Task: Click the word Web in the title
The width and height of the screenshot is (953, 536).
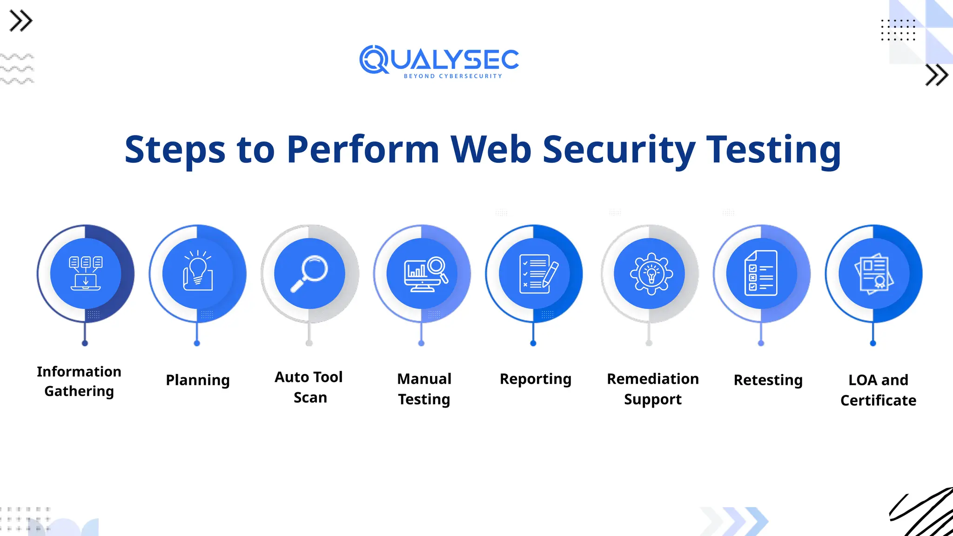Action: [x=491, y=149]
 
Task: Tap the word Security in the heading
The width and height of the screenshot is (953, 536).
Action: [x=619, y=149]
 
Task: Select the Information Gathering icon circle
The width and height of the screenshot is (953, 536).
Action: [x=86, y=274]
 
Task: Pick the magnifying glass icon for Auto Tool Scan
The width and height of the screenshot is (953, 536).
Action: [x=309, y=274]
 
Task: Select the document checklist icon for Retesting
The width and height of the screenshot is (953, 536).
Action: [x=761, y=274]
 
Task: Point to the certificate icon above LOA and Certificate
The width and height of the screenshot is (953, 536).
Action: [x=874, y=274]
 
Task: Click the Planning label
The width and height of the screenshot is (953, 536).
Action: [x=198, y=380]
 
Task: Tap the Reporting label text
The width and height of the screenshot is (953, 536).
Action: [x=535, y=379]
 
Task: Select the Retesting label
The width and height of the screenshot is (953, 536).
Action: [x=768, y=380]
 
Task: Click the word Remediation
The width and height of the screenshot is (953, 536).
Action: [x=653, y=379]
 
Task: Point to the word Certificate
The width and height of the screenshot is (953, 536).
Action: [x=878, y=400]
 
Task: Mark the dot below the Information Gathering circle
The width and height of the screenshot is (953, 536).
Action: [x=85, y=343]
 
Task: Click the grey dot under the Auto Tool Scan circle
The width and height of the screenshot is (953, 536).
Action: [x=309, y=343]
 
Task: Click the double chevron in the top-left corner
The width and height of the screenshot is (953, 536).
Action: [x=21, y=21]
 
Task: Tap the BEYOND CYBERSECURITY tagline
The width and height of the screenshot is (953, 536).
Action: [x=453, y=76]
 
